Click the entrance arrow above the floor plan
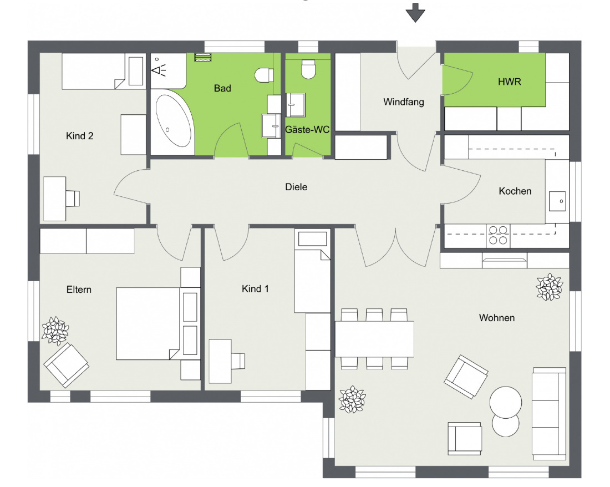[415, 13]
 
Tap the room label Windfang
[403, 102]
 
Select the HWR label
[509, 82]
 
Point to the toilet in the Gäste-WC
[308, 69]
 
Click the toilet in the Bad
[264, 75]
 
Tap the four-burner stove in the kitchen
[498, 235]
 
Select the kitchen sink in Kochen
[557, 201]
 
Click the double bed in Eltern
[148, 323]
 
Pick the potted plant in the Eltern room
[55, 331]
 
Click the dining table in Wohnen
[374, 338]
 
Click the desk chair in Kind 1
[238, 361]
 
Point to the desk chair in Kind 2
[72, 198]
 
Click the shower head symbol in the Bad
[158, 68]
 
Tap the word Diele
[296, 187]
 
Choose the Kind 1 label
[255, 288]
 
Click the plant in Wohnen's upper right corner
[550, 287]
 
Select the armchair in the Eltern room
[66, 365]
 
